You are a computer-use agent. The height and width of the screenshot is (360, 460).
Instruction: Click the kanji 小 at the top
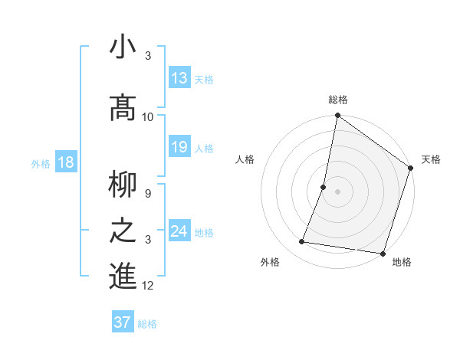pyautogui.click(x=123, y=48)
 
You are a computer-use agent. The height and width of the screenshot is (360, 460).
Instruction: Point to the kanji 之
pyautogui.click(x=123, y=231)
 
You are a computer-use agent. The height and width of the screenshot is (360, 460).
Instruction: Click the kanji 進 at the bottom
pyautogui.click(x=123, y=277)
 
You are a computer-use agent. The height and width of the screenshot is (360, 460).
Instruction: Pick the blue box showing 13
pyautogui.click(x=179, y=77)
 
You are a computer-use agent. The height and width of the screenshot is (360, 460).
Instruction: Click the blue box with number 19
pyautogui.click(x=179, y=147)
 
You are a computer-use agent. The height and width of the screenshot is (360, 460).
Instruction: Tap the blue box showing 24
pyautogui.click(x=179, y=231)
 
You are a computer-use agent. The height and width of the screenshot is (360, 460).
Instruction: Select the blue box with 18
pyautogui.click(x=64, y=162)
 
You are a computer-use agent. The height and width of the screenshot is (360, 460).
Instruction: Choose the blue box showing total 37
pyautogui.click(x=123, y=322)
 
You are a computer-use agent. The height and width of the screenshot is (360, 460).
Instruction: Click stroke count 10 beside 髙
pyautogui.click(x=148, y=117)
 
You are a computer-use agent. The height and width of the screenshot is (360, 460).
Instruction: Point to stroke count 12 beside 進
pyautogui.click(x=148, y=286)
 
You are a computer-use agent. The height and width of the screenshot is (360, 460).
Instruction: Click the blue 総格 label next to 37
pyautogui.click(x=147, y=324)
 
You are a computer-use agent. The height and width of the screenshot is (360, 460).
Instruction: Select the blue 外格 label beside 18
pyautogui.click(x=40, y=164)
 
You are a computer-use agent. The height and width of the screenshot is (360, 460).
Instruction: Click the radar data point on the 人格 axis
pyautogui.click(x=324, y=187)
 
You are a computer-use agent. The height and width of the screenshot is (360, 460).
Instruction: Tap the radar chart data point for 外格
pyautogui.click(x=302, y=242)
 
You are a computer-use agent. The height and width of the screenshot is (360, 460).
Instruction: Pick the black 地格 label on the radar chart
pyautogui.click(x=402, y=263)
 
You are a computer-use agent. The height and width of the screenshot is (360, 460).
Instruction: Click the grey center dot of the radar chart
pyautogui.click(x=338, y=191)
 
